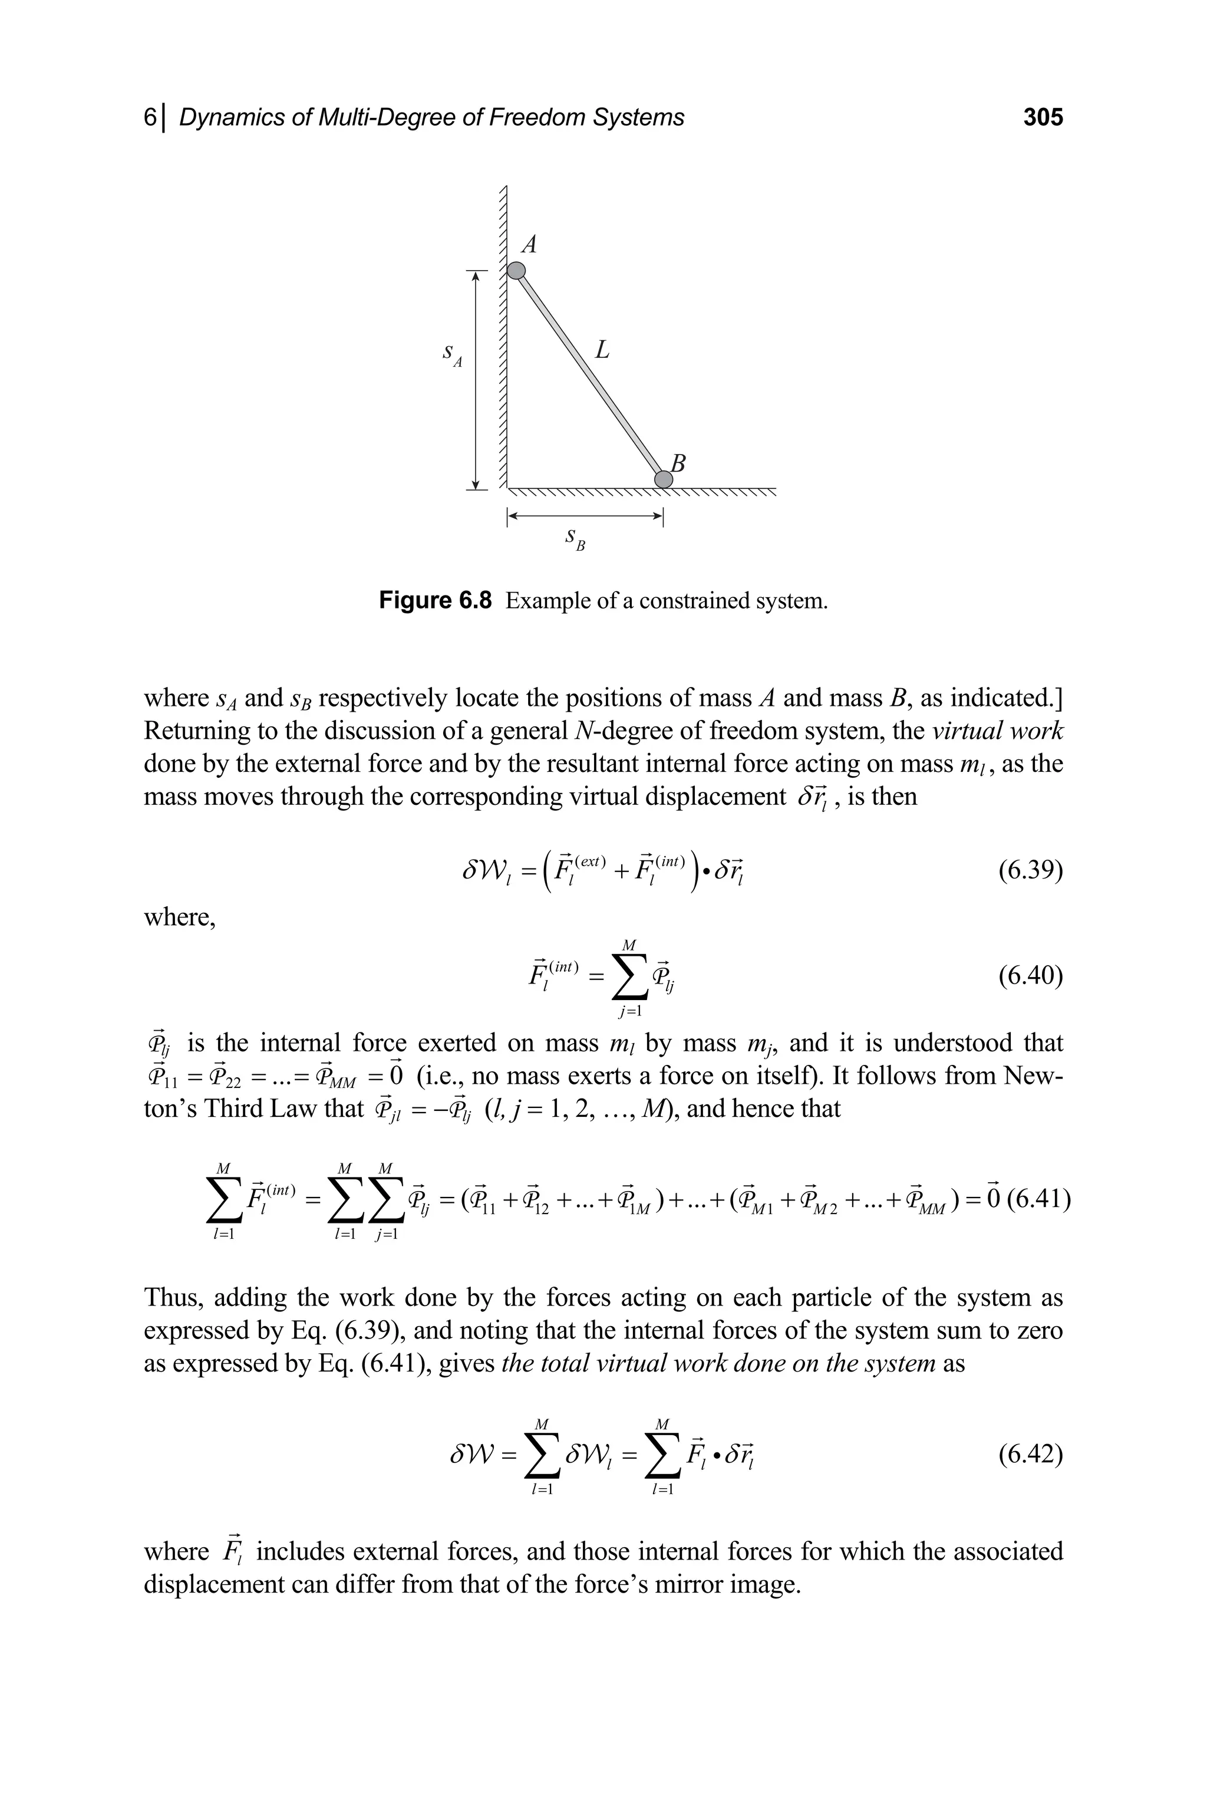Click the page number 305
tap(1042, 117)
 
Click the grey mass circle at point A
tap(516, 270)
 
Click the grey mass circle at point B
tap(663, 479)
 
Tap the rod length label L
tap(602, 350)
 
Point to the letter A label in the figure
tap(530, 244)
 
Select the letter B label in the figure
tap(678, 463)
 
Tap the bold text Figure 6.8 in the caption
tap(435, 601)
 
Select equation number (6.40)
tap(1030, 976)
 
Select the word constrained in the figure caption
tap(694, 601)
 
